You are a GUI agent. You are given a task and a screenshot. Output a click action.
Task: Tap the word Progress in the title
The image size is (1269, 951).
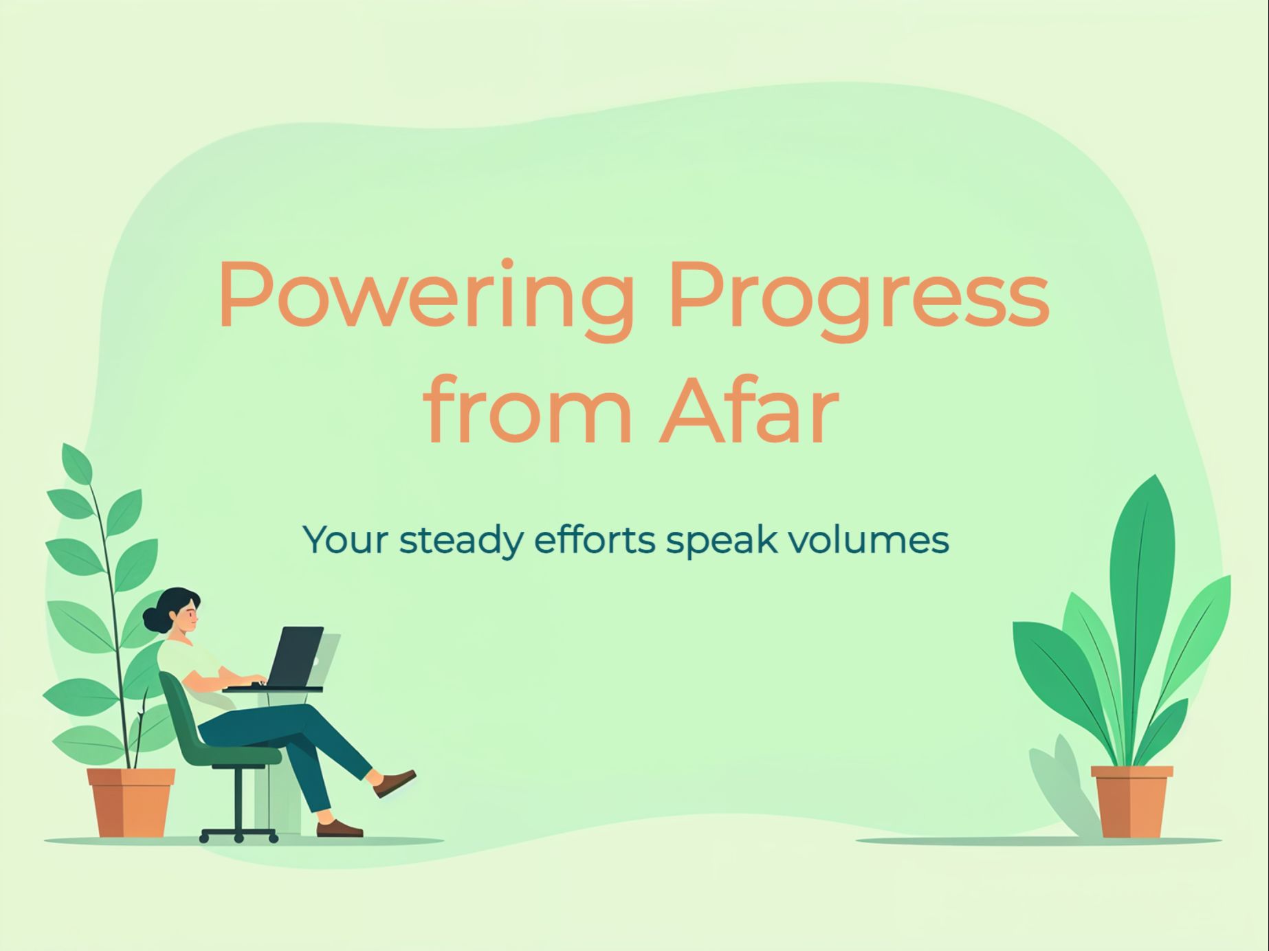(859, 298)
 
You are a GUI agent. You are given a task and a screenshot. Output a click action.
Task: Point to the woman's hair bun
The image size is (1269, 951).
(154, 620)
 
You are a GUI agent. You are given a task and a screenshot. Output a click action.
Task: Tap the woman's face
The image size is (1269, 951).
(188, 618)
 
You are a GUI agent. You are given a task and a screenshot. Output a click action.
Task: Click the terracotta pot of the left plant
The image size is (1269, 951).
(131, 803)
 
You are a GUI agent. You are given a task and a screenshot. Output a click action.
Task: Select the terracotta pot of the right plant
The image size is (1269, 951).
(1132, 802)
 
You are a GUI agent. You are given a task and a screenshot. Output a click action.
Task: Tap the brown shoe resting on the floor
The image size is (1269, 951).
(340, 829)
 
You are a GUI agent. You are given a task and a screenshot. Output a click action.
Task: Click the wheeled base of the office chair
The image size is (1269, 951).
(239, 834)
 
